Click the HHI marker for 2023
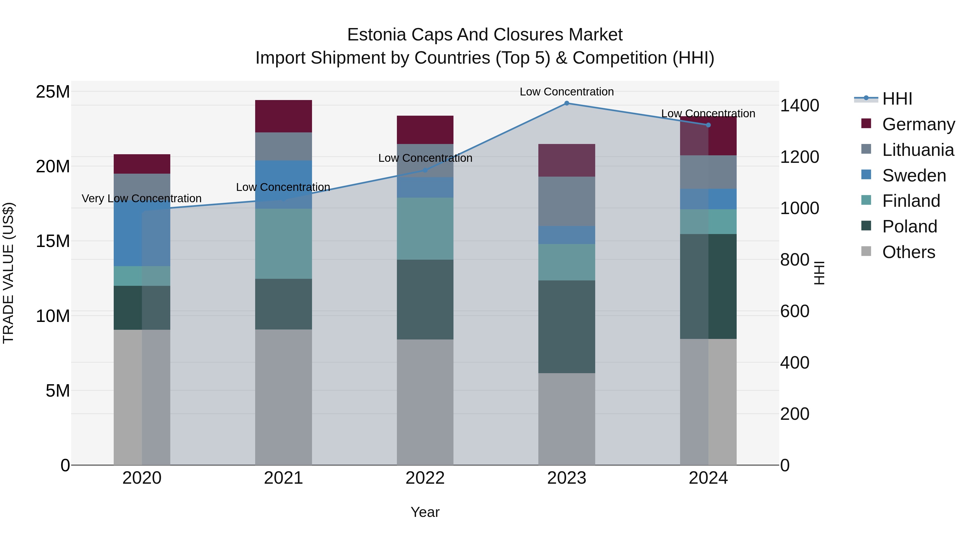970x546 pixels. (566, 103)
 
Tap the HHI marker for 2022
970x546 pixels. (425, 170)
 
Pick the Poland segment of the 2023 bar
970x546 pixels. (566, 327)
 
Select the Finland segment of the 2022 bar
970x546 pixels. (425, 229)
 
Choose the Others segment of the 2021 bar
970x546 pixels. (283, 397)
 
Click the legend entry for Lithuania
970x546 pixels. (918, 150)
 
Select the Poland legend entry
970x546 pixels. (909, 226)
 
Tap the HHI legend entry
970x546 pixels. (897, 99)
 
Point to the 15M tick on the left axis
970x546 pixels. (53, 241)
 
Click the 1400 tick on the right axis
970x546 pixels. (799, 105)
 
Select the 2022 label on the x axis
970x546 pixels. (425, 478)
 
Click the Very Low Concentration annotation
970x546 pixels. (141, 198)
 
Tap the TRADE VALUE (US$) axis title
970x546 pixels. (8, 273)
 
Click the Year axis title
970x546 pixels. (425, 512)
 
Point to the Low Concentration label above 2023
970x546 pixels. (566, 92)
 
